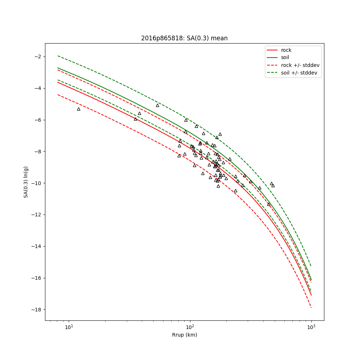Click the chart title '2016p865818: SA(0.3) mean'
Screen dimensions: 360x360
click(x=184, y=38)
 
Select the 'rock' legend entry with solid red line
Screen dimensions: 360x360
click(x=279, y=50)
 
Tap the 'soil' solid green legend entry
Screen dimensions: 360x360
click(x=278, y=57)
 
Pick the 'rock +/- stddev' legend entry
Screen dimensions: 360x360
click(x=293, y=65)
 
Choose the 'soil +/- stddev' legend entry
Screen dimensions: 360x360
click(x=292, y=73)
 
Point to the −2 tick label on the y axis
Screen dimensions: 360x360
click(x=38, y=57)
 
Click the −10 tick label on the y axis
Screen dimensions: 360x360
click(x=36, y=183)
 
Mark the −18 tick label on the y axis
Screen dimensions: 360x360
click(x=36, y=310)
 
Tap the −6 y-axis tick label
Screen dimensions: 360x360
click(x=38, y=120)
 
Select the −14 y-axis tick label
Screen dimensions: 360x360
click(x=36, y=247)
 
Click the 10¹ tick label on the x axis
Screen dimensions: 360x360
click(x=69, y=327)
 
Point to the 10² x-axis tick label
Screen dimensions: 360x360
click(x=190, y=327)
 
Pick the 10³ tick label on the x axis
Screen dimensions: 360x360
click(x=311, y=327)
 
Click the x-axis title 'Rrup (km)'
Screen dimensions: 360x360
click(x=185, y=335)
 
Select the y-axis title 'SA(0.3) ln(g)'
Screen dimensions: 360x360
click(x=26, y=182)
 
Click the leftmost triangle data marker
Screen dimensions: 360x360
click(x=79, y=109)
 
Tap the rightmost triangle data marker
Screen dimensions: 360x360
click(x=273, y=186)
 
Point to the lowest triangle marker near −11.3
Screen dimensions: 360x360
click(x=269, y=204)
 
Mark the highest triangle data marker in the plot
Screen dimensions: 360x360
click(x=158, y=105)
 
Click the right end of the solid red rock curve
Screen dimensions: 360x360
click(x=311, y=295)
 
